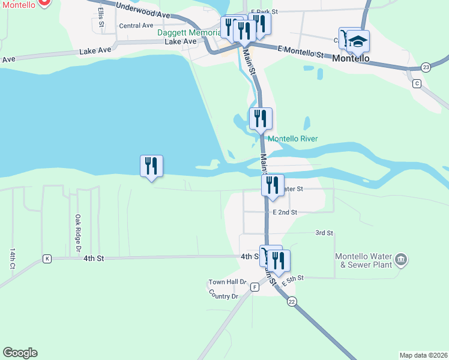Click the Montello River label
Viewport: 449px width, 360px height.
(292, 139)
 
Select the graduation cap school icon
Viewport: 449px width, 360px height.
(358, 41)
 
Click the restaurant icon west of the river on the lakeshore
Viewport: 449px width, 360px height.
(151, 166)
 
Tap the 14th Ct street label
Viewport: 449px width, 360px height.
(12, 259)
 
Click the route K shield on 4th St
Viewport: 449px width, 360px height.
(47, 259)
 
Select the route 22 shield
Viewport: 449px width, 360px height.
(292, 301)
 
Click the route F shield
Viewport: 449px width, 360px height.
(255, 287)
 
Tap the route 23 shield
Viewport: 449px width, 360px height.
(425, 66)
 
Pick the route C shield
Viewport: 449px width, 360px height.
(416, 83)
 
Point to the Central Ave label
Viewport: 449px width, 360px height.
(136, 26)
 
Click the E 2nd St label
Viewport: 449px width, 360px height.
(285, 212)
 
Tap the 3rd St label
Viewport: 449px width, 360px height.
(324, 233)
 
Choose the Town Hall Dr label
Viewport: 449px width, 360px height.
(228, 282)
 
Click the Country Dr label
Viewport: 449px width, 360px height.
(224, 296)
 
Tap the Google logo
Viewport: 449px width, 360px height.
(20, 353)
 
